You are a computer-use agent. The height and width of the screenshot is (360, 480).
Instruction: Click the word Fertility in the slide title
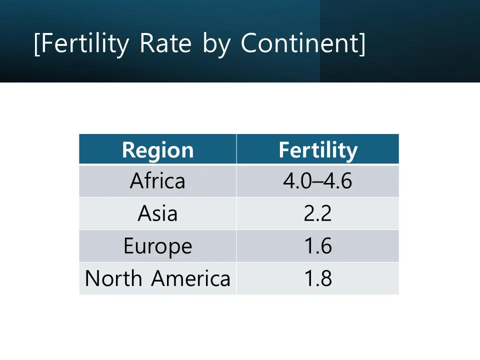point(85,44)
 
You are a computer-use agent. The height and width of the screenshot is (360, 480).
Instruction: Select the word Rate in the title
point(165,43)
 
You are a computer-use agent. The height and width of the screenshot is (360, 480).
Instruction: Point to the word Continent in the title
point(299,43)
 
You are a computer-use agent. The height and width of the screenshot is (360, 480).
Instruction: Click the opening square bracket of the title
point(37,44)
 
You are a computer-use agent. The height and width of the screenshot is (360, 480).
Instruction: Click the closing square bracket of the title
point(362,44)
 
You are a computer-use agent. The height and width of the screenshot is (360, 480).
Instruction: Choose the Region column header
point(157,150)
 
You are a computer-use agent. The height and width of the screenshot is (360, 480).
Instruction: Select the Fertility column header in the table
point(318,150)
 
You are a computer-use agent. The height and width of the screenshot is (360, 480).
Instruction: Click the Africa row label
point(157,180)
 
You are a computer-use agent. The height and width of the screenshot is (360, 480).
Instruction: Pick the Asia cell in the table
point(157,213)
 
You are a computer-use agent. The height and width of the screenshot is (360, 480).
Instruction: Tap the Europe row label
point(157,246)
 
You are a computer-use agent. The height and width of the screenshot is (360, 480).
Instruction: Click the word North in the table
point(113,278)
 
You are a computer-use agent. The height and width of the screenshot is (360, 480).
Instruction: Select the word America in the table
point(190,278)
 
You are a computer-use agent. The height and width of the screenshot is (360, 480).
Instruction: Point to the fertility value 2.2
point(318,213)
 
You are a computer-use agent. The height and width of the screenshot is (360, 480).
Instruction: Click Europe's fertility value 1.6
point(318,246)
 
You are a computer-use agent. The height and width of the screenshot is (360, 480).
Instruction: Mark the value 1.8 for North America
point(318,278)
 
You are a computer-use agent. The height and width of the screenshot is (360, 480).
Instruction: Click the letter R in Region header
point(128,150)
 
